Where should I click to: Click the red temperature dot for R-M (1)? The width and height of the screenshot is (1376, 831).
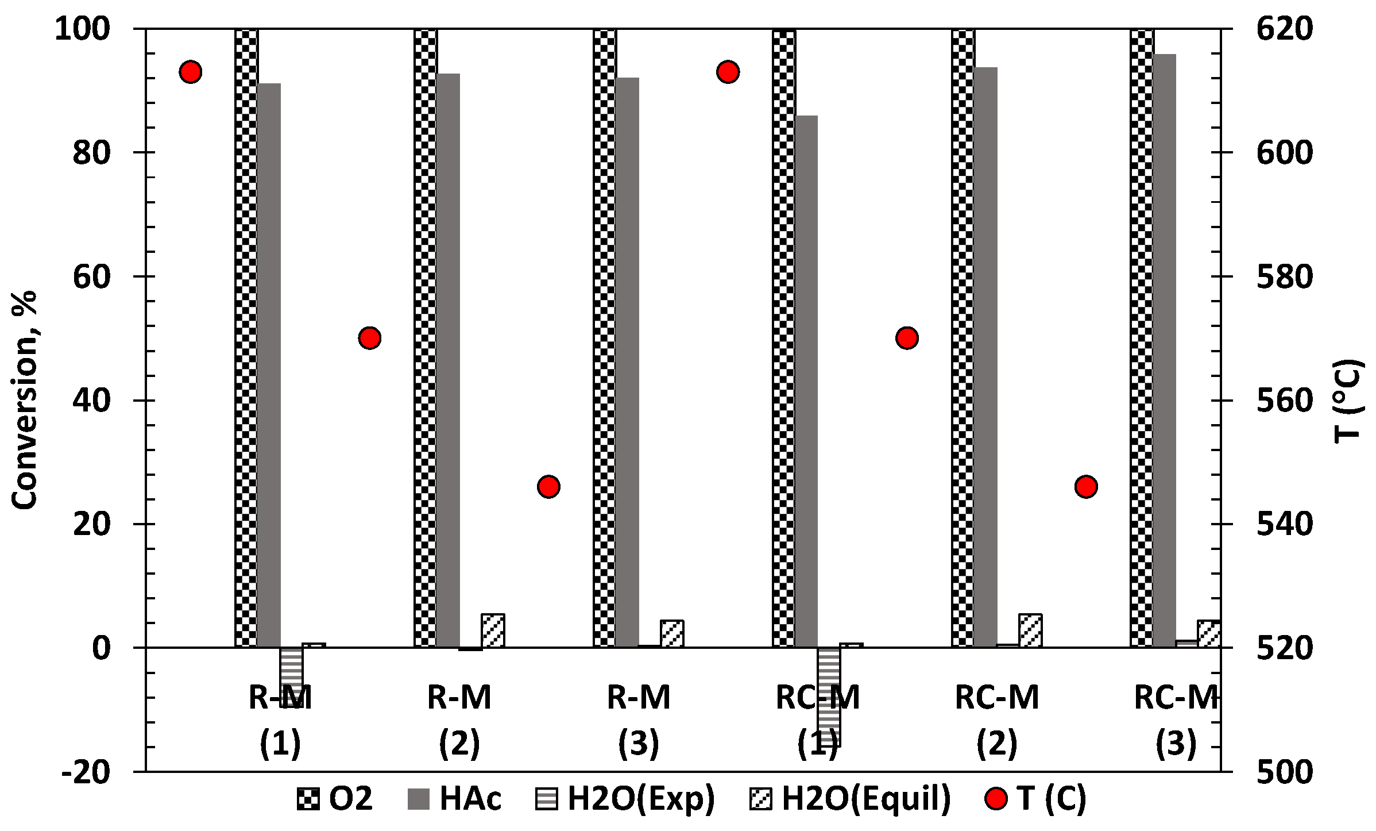(190, 72)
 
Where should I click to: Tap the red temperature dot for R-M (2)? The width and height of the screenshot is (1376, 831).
(370, 338)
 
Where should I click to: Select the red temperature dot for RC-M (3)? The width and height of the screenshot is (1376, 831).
(1086, 487)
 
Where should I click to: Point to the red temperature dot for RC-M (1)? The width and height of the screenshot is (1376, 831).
(728, 72)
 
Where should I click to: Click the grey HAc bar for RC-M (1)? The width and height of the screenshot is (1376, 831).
(806, 379)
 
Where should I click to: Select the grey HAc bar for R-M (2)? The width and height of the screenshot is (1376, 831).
(448, 359)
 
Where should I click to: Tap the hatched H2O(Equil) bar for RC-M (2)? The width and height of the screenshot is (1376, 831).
(1030, 630)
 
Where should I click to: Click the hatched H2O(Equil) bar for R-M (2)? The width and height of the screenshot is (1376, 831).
(493, 630)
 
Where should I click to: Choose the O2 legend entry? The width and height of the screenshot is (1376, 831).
(335, 799)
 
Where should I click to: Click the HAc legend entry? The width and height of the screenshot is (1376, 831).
(454, 799)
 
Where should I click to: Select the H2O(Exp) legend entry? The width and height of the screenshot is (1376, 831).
(625, 799)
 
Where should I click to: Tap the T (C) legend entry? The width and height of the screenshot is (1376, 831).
(1035, 799)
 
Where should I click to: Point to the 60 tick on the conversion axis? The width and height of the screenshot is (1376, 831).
(91, 276)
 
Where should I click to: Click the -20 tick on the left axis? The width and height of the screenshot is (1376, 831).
(86, 772)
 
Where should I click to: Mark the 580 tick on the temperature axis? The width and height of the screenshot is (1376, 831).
(1285, 276)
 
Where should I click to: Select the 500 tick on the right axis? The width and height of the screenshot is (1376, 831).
(1285, 772)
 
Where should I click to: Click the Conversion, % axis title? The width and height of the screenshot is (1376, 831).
(24, 400)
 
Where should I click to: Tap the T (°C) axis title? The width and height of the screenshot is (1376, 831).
(1347, 400)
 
